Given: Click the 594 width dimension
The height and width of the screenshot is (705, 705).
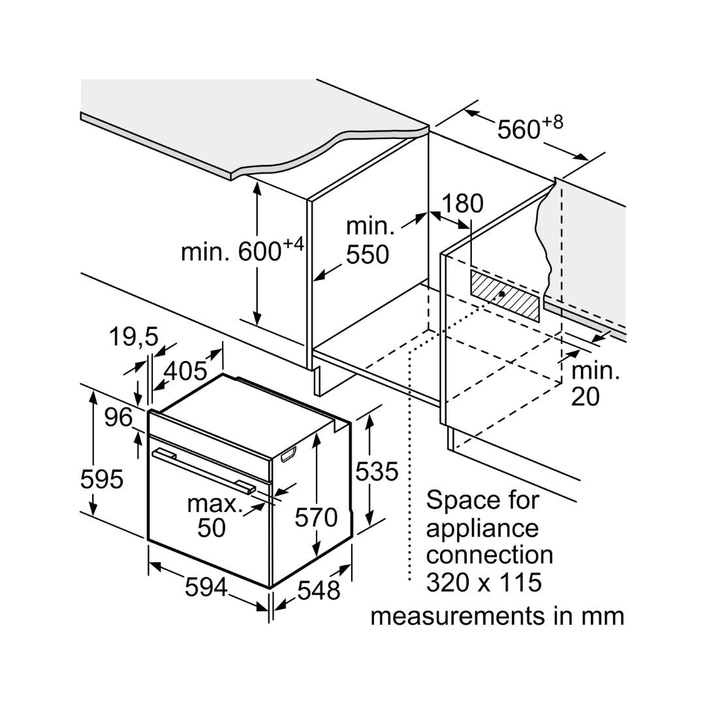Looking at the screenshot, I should (x=206, y=587).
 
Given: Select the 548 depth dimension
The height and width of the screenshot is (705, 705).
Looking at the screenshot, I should (x=319, y=590).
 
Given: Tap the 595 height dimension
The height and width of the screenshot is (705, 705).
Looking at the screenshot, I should (x=101, y=479).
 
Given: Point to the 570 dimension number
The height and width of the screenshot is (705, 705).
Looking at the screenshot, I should (x=316, y=517).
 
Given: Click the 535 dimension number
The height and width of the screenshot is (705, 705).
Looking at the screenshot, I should (x=376, y=471).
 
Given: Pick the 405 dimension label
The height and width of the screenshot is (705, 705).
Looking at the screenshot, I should (x=185, y=371).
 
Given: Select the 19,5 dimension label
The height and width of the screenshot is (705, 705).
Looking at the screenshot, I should (x=133, y=337).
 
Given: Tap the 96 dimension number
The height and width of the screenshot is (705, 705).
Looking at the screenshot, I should (x=118, y=417).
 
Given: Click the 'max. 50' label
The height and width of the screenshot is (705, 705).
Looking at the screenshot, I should (x=212, y=515).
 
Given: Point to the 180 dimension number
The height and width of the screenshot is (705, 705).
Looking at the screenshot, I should (x=463, y=204).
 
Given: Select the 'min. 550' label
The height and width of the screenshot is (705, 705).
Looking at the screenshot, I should (x=369, y=240).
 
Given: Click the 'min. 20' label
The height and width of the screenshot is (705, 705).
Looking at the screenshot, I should (x=594, y=383).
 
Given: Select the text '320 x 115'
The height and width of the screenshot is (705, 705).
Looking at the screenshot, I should (x=484, y=582).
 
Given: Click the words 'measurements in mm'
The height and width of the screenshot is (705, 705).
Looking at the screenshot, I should (x=497, y=616).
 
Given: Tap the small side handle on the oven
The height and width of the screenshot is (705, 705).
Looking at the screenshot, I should (x=288, y=455).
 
